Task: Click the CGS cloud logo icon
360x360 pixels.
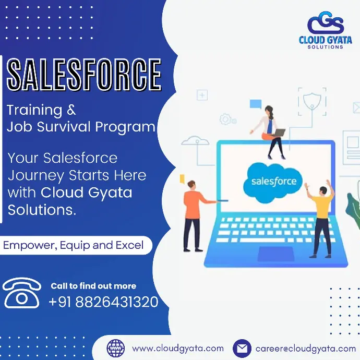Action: tap(326, 23)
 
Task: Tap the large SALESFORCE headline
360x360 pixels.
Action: tap(84, 75)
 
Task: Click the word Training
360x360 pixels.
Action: tap(34, 110)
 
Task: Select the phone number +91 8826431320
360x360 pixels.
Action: tap(103, 302)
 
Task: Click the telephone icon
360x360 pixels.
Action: tap(22, 293)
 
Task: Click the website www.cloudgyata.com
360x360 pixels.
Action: tap(178, 349)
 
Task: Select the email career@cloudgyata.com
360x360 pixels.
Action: tap(306, 349)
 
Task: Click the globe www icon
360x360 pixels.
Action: tap(116, 349)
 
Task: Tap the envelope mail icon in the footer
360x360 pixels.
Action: tap(242, 349)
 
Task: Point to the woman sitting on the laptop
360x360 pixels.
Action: tap(269, 132)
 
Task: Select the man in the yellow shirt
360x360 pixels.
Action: tap(320, 218)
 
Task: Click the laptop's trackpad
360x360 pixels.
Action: tap(276, 254)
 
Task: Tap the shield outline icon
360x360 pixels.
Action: tap(312, 101)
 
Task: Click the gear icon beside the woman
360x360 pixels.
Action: tap(225, 119)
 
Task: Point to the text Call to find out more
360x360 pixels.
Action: tap(93, 286)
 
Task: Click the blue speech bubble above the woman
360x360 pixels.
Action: tap(256, 104)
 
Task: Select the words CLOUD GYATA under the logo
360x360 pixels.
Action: tap(326, 40)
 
